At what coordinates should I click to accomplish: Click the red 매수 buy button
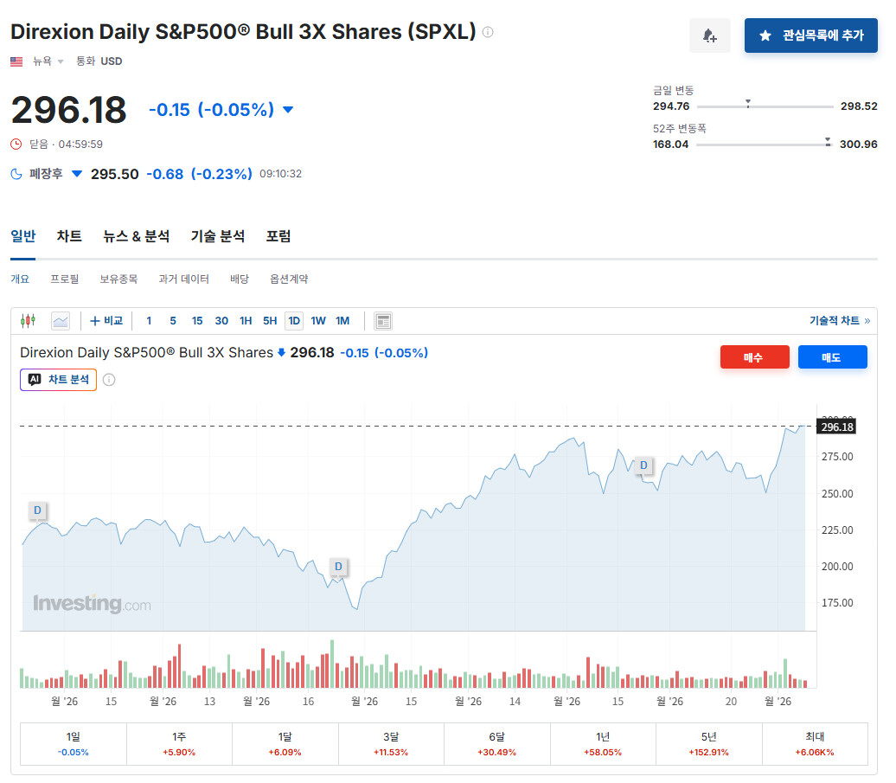(x=754, y=357)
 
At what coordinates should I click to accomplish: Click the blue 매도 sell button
(x=832, y=357)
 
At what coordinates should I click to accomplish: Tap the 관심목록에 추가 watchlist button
(x=810, y=35)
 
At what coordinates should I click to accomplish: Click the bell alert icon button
(x=710, y=35)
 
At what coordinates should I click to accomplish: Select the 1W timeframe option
(x=318, y=321)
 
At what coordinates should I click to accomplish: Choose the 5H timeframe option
(x=270, y=321)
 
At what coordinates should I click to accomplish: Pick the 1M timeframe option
(x=342, y=321)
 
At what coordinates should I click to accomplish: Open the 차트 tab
(x=69, y=236)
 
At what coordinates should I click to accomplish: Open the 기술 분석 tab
(x=218, y=236)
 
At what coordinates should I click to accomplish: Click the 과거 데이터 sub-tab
(x=183, y=279)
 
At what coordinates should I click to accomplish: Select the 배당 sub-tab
(x=240, y=279)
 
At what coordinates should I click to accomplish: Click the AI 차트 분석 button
(x=58, y=380)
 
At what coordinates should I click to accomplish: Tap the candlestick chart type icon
(x=28, y=321)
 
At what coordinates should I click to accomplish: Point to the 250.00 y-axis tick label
(x=837, y=494)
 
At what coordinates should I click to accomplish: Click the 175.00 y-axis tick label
(x=837, y=603)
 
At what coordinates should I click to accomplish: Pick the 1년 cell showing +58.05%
(x=603, y=743)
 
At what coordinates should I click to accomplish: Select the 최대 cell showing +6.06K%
(x=815, y=743)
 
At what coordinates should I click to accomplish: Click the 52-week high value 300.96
(x=858, y=144)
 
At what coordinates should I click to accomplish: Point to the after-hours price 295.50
(x=115, y=174)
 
